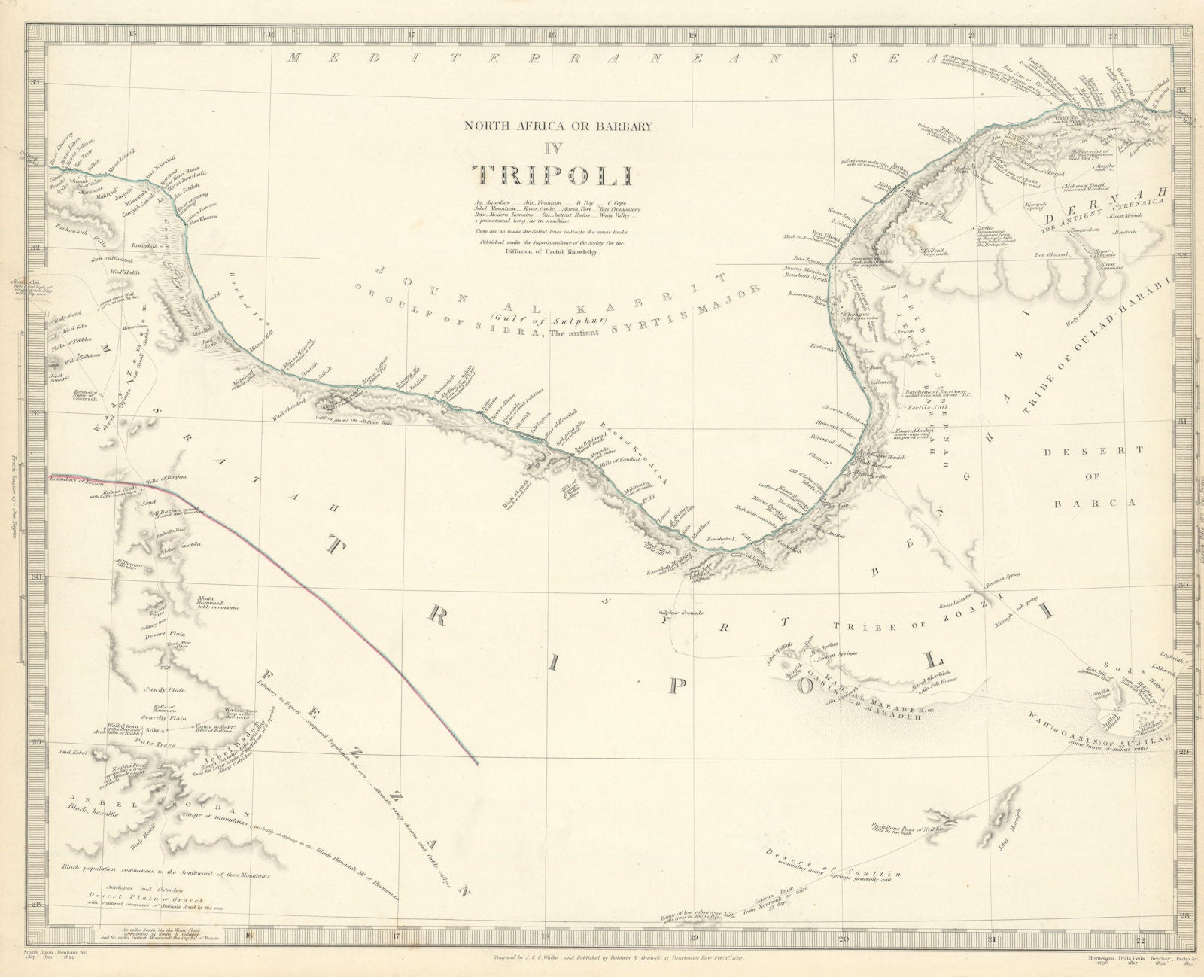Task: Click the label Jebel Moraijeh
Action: pyautogui.click(x=1010, y=834)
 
